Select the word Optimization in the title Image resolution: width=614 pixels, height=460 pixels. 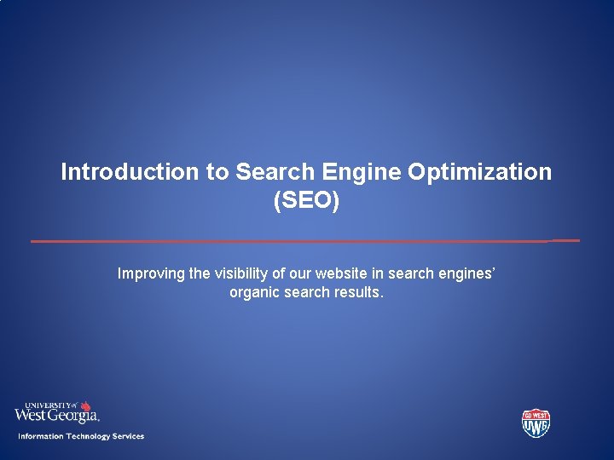pos(479,172)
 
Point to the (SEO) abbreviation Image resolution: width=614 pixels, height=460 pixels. pos(306,202)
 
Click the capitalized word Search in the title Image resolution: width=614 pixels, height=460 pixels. pos(275,172)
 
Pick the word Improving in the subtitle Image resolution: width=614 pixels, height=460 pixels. pos(150,273)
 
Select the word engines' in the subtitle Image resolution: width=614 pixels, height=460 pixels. pos(466,273)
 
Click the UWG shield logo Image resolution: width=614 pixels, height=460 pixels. pos(536,423)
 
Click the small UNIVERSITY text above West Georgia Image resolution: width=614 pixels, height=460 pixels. pos(46,405)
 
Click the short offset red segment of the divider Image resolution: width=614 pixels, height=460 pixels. pos(565,240)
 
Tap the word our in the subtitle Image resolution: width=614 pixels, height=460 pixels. pos(301,273)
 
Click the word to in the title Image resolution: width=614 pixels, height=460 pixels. pos(217,172)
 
